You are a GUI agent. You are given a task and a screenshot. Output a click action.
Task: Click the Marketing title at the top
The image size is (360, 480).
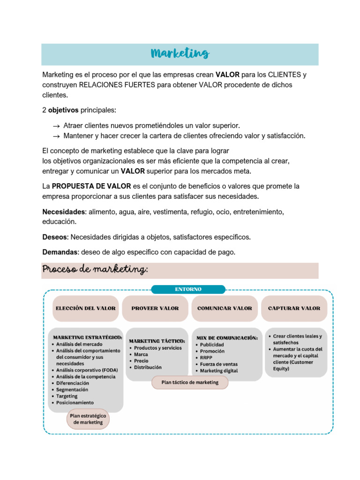[x=180, y=53]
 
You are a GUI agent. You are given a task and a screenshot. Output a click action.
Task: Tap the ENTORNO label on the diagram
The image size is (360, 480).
[x=188, y=289]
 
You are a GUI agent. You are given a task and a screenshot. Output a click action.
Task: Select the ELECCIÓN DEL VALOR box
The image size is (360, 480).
[x=85, y=308]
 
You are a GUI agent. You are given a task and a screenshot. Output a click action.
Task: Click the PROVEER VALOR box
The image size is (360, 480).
[x=155, y=308]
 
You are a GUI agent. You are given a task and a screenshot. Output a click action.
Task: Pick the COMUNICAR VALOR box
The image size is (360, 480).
[x=225, y=308]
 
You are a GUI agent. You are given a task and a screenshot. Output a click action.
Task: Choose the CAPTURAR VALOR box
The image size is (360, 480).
[x=294, y=308]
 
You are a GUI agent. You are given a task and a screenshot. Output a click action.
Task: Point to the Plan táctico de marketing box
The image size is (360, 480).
[x=190, y=382]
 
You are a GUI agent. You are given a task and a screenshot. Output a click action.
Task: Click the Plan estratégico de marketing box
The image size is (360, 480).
[x=88, y=419]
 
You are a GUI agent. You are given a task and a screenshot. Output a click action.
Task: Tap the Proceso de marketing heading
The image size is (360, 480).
[x=95, y=270]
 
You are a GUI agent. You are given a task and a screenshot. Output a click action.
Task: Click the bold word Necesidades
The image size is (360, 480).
[x=64, y=212]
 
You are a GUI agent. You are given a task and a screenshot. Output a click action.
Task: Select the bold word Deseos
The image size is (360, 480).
[x=55, y=237]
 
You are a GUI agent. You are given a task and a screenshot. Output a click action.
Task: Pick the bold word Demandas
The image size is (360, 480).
[x=60, y=252]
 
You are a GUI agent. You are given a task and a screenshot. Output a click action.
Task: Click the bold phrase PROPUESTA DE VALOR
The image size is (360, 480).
[x=91, y=186]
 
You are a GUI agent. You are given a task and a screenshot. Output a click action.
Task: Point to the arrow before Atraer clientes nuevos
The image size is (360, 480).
[x=56, y=126]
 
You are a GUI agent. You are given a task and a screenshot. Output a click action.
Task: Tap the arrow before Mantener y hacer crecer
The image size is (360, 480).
[x=56, y=136]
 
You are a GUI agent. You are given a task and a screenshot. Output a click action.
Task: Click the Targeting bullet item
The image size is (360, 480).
[x=67, y=396]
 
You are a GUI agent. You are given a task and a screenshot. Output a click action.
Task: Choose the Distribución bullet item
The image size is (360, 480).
[x=148, y=367]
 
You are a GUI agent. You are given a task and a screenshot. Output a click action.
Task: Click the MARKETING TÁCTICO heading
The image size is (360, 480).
[x=157, y=341]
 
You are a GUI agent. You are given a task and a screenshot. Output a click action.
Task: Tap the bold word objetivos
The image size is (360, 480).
[x=63, y=110]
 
